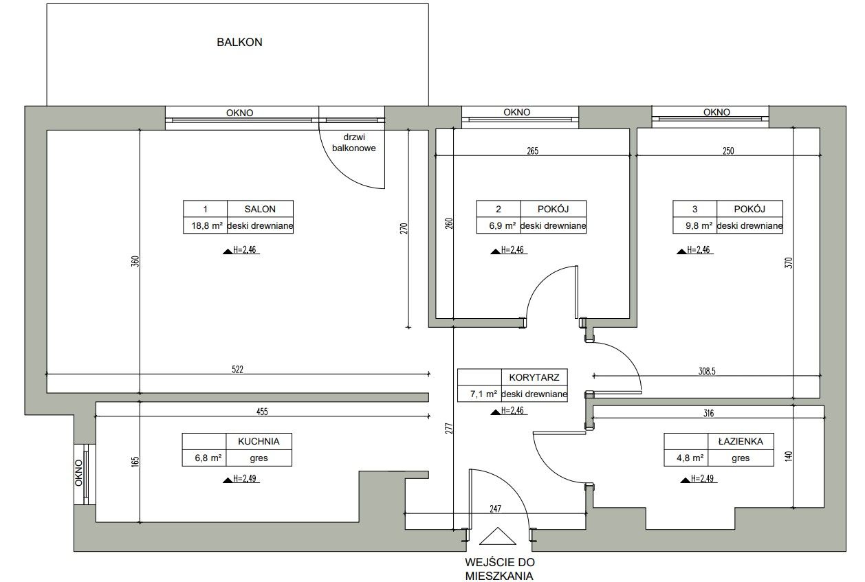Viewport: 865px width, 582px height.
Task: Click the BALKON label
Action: pyautogui.click(x=239, y=42)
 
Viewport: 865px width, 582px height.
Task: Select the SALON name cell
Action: pyautogui.click(x=260, y=209)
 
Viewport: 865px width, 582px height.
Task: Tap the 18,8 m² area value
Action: pyautogui.click(x=207, y=226)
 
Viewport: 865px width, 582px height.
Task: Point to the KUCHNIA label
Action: pyautogui.click(x=259, y=441)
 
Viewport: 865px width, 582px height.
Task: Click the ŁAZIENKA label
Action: pyautogui.click(x=741, y=441)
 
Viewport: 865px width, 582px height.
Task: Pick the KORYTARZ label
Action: pyautogui.click(x=534, y=377)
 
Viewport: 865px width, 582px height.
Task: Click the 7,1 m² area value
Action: pyautogui.click(x=483, y=394)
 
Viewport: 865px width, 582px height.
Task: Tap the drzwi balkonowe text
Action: pyautogui.click(x=353, y=143)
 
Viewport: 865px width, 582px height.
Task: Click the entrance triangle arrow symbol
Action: pyautogui.click(x=498, y=536)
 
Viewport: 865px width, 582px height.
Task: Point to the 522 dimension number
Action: pyautogui.click(x=237, y=370)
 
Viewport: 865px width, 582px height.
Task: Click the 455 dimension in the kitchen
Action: pyautogui.click(x=262, y=412)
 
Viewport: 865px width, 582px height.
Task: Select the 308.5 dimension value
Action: pyautogui.click(x=707, y=371)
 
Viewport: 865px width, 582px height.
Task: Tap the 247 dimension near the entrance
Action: pyautogui.click(x=496, y=508)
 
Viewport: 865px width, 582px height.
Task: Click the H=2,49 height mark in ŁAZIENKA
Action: pyautogui.click(x=699, y=478)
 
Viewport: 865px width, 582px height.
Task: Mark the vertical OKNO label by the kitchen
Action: pyautogui.click(x=78, y=473)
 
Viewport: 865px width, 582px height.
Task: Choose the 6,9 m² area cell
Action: pyautogui.click(x=499, y=226)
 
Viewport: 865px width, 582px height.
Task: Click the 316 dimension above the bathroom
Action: pyautogui.click(x=709, y=414)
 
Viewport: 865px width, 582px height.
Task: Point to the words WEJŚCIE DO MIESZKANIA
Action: pyautogui.click(x=499, y=569)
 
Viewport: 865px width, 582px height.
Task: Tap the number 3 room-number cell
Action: pyautogui.click(x=694, y=209)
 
